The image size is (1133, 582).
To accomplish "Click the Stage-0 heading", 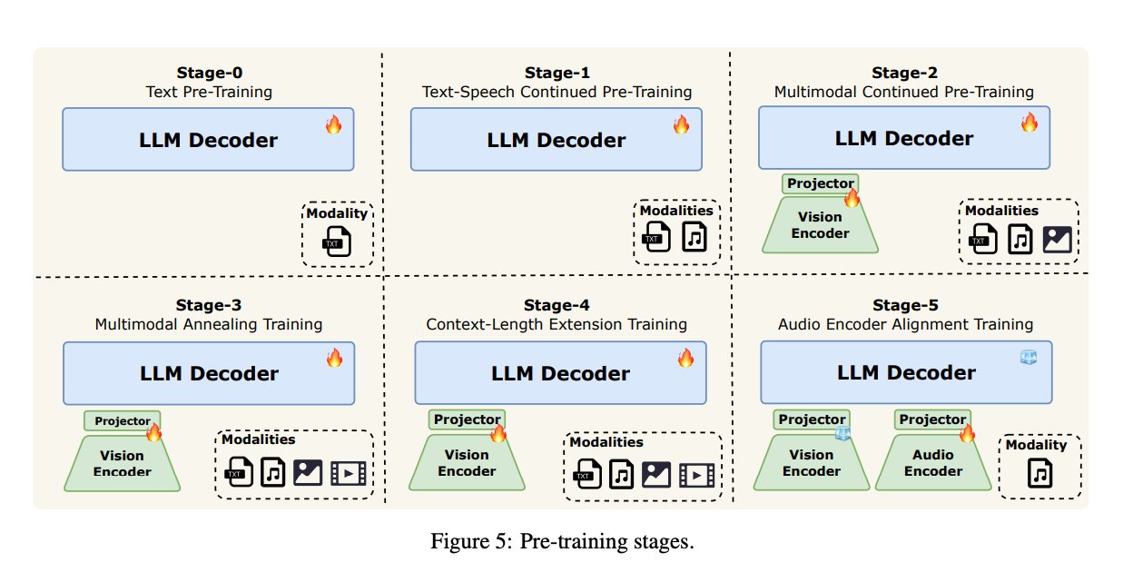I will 209,73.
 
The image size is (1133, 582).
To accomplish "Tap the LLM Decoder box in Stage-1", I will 556,140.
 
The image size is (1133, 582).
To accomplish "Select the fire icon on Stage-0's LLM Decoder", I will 333,124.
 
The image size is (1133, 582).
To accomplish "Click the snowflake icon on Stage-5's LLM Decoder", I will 1028,357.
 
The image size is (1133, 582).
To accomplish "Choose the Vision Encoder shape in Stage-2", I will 820,225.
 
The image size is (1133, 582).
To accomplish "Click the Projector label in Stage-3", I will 123,421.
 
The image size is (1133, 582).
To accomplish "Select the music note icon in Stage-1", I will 694,237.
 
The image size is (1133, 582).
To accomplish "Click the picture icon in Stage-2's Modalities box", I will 1057,240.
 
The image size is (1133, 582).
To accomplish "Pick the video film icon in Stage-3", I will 348,473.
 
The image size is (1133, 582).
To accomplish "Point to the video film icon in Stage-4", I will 696,475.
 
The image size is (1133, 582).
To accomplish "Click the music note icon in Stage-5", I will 1039,473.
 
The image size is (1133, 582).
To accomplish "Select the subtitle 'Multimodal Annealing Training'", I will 209,324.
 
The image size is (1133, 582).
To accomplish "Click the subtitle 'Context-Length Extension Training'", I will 557,324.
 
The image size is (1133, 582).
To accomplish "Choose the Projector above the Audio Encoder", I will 931,419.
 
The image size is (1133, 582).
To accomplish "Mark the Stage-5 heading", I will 905,305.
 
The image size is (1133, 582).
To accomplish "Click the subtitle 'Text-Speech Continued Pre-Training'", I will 557,92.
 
